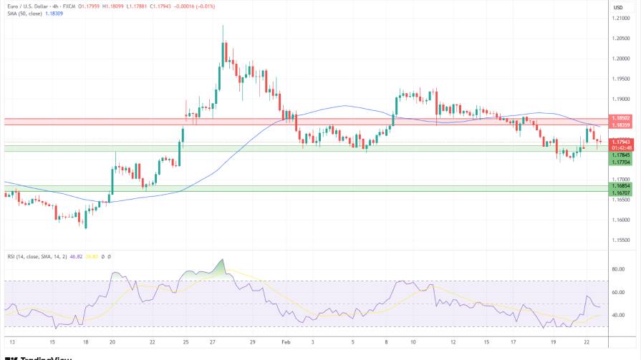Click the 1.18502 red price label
[x=620, y=117]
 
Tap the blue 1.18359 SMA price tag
[x=620, y=125]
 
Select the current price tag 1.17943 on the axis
[x=620, y=142]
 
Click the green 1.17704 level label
[x=620, y=162]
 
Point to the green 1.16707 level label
[x=620, y=193]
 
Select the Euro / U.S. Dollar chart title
[x=33, y=6]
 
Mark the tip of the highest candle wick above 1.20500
[x=223, y=26]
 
